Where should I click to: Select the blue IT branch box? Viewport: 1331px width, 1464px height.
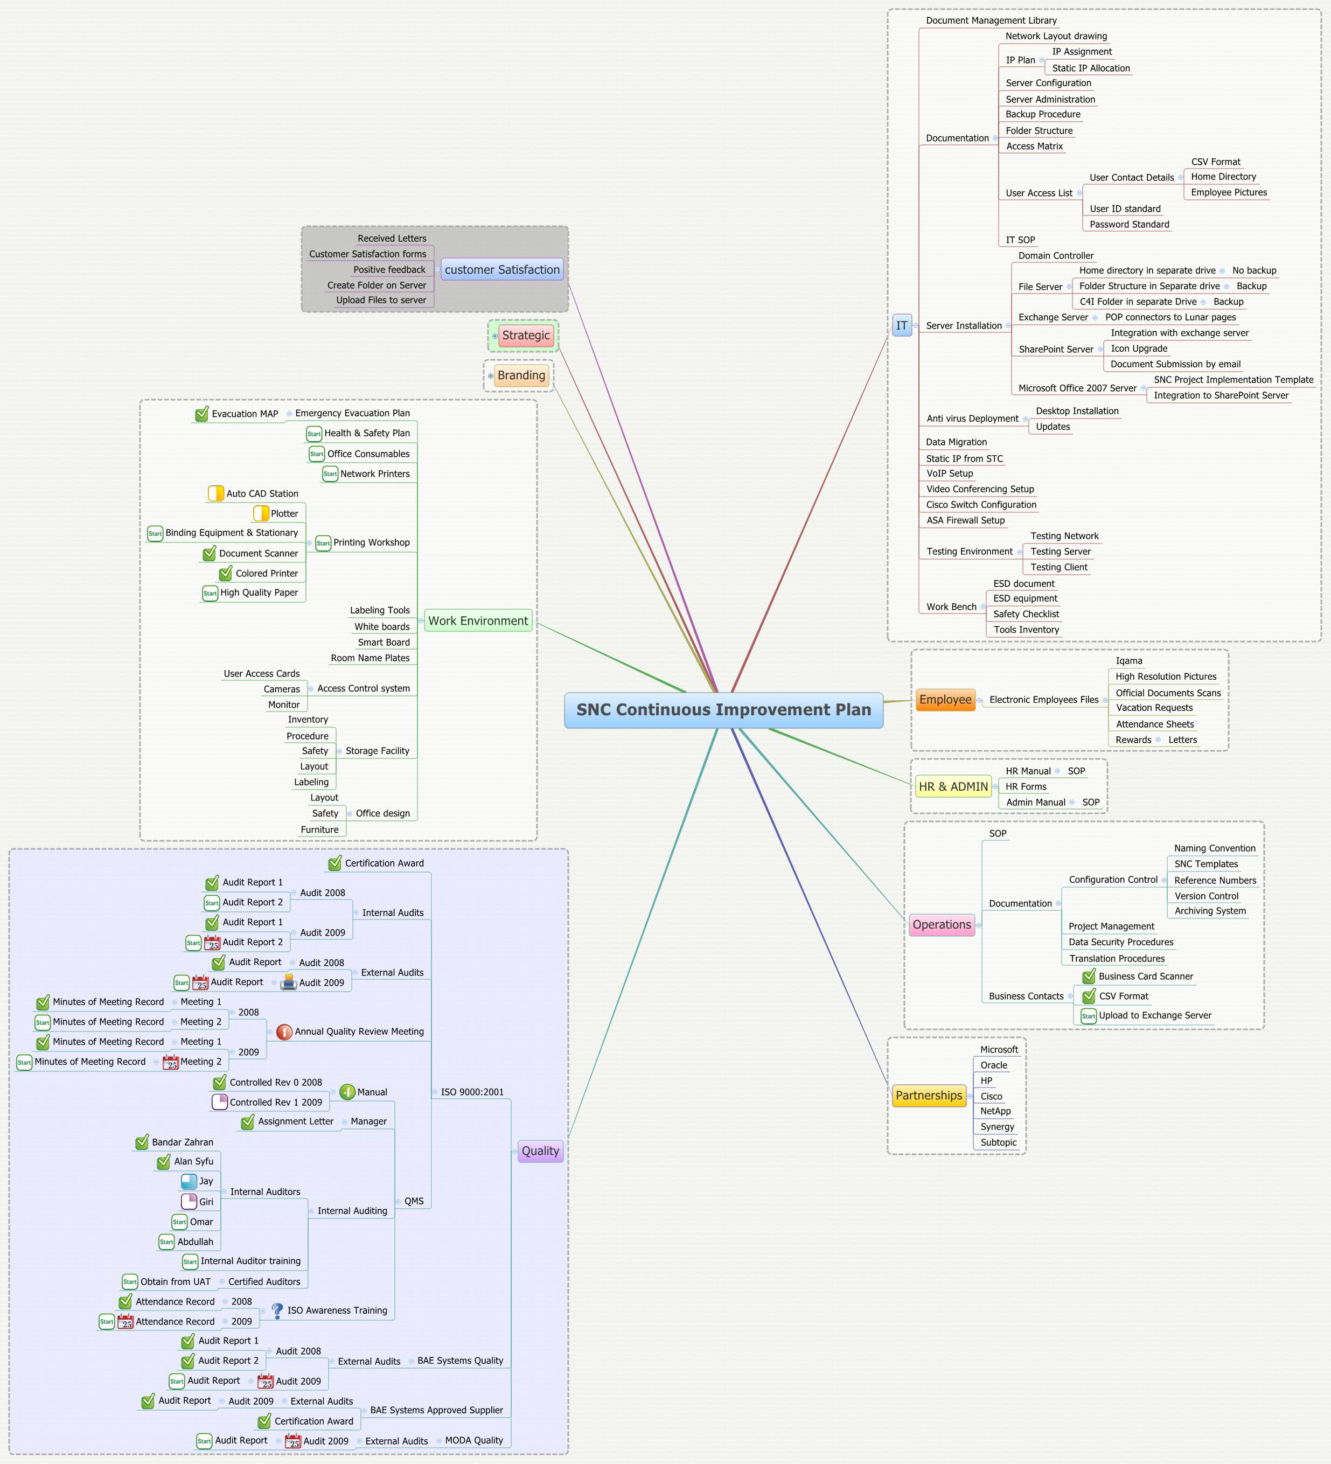[x=901, y=325]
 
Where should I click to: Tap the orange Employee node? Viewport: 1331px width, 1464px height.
[x=945, y=699]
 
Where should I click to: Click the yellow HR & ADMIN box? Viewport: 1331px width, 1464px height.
[x=953, y=786]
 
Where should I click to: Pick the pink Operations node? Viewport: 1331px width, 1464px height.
[x=941, y=924]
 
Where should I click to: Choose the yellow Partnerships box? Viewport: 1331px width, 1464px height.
[x=929, y=1095]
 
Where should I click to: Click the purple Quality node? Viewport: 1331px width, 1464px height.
[x=540, y=1151]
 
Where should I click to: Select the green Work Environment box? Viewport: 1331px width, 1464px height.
[x=478, y=621]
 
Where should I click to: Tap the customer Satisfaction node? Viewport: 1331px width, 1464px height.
[x=502, y=269]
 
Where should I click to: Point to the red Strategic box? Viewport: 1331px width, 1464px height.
[x=526, y=336]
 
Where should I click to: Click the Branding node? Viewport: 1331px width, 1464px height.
[x=521, y=375]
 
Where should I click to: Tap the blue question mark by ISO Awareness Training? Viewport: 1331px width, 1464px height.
[x=277, y=1310]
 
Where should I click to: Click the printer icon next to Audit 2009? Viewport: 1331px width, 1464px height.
[x=288, y=982]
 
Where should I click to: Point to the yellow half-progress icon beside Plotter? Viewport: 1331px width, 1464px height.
[x=261, y=513]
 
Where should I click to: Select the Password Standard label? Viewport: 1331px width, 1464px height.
[x=1128, y=225]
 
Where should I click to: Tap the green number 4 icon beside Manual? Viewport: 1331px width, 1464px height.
[x=347, y=1091]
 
